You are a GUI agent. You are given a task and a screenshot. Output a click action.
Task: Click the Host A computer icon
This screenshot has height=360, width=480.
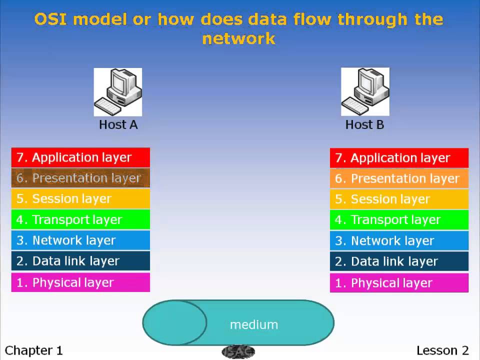[x=118, y=92]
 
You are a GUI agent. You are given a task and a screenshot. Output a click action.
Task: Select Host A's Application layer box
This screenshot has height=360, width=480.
[x=80, y=157]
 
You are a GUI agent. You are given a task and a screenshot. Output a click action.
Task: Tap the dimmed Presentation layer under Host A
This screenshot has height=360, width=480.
[x=80, y=178]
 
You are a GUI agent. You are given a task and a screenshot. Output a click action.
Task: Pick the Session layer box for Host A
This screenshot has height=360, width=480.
[x=80, y=198]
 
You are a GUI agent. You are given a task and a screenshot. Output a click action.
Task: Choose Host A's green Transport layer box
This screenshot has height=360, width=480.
[x=80, y=219]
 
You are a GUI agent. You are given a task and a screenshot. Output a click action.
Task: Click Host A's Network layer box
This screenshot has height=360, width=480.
[x=80, y=240]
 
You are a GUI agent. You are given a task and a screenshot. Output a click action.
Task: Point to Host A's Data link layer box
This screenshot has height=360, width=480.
[x=80, y=261]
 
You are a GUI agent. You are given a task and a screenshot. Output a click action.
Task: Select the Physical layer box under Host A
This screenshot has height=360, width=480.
[x=80, y=282]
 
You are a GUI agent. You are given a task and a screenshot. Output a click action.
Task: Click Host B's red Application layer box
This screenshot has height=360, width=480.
[x=399, y=158]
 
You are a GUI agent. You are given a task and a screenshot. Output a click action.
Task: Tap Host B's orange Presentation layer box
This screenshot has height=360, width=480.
[x=399, y=178]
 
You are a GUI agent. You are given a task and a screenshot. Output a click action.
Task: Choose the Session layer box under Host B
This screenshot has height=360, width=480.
[x=399, y=199]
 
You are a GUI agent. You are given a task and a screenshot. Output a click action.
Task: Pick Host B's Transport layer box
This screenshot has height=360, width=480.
[x=399, y=220]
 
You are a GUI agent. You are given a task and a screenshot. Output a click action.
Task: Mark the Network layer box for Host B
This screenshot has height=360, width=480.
[x=399, y=241]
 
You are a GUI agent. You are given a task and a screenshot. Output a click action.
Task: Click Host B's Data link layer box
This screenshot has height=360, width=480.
[x=399, y=261]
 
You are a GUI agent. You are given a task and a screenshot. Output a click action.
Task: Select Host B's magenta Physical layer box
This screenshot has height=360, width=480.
[x=399, y=283]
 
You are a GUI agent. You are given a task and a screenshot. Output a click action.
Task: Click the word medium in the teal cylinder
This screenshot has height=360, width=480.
[x=254, y=324]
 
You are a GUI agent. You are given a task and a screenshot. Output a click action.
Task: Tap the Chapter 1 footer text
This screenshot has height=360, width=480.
[x=34, y=350]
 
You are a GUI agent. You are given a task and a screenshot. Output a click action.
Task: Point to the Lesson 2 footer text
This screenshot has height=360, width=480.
[x=443, y=350]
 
